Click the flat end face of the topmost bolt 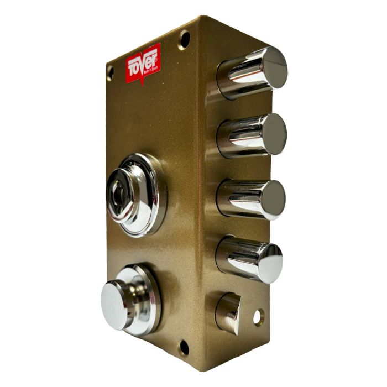(274, 67)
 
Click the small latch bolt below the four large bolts (228, 313)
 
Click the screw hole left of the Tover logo (110, 72)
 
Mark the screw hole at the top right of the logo (184, 39)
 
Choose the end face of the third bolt (273, 199)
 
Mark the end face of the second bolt (274, 134)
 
